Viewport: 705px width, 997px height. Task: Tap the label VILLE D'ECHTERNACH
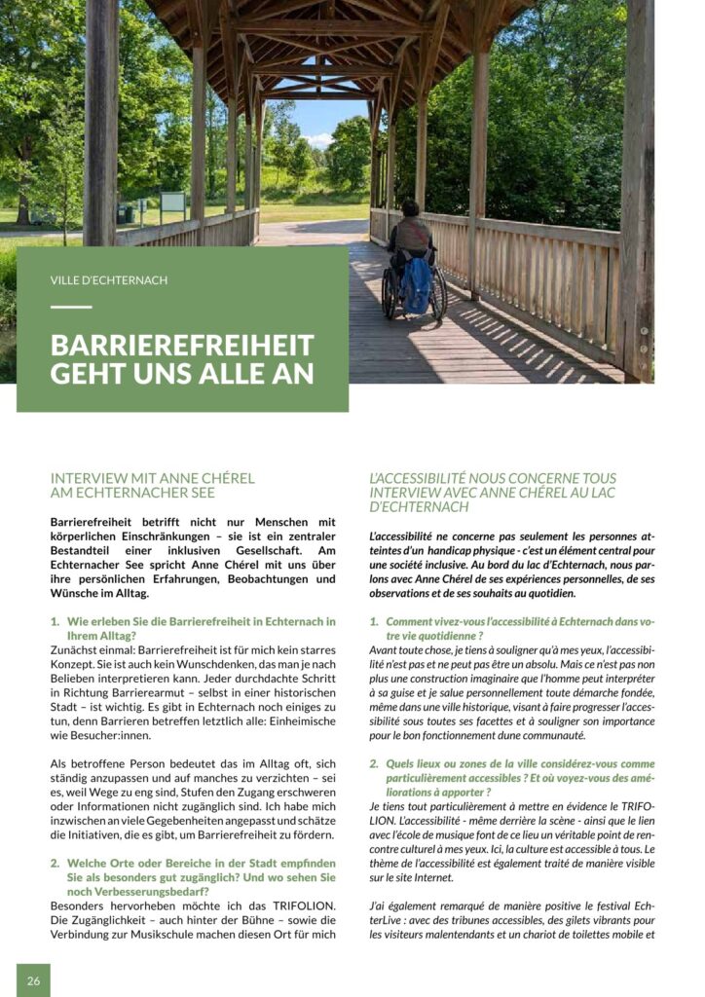tap(109, 280)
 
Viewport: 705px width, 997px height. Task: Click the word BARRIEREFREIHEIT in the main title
tap(182, 346)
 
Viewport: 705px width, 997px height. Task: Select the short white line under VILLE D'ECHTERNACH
tap(70, 307)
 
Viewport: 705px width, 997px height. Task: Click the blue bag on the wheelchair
tap(418, 286)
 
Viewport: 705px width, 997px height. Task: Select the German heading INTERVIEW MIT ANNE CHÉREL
tap(152, 478)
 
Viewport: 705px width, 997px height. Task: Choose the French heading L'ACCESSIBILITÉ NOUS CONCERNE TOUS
tap(493, 478)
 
